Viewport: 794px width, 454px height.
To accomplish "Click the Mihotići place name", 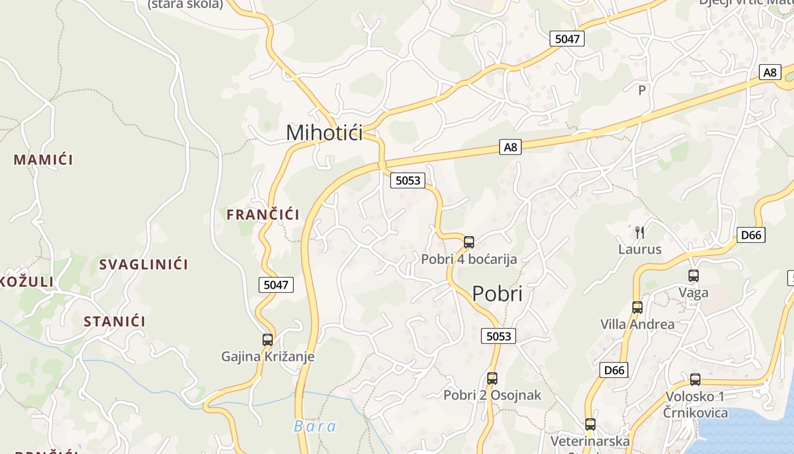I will tap(324, 133).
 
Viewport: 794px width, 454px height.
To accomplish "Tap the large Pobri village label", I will tap(497, 294).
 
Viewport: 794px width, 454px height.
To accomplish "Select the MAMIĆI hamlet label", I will tap(43, 159).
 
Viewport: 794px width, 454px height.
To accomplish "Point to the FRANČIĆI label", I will tap(263, 215).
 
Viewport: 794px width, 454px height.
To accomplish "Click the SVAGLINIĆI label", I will tap(143, 264).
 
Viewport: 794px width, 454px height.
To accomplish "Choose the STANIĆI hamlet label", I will tap(115, 322).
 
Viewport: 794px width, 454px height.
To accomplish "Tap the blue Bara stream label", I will tap(315, 426).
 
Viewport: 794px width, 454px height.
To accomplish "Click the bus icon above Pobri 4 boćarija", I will tap(469, 242).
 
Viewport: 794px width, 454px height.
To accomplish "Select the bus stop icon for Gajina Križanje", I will tap(268, 340).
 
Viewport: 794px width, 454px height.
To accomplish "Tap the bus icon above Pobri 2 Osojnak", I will tap(492, 379).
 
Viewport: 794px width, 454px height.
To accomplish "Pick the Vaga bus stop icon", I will tap(694, 276).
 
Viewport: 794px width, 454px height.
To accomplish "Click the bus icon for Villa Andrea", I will tap(637, 308).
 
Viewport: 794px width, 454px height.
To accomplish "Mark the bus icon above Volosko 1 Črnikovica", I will tap(695, 380).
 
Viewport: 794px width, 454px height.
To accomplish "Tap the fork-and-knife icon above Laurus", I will tap(640, 232).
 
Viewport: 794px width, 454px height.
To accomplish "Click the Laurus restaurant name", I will tap(640, 249).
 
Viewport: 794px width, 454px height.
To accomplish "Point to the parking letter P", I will tap(642, 90).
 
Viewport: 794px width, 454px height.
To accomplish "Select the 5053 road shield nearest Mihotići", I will tap(408, 180).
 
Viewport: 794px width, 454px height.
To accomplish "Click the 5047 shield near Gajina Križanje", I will tap(276, 284).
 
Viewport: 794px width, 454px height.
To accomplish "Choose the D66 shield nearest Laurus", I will tap(751, 235).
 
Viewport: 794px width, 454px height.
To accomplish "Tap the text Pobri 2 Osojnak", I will tap(492, 395).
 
